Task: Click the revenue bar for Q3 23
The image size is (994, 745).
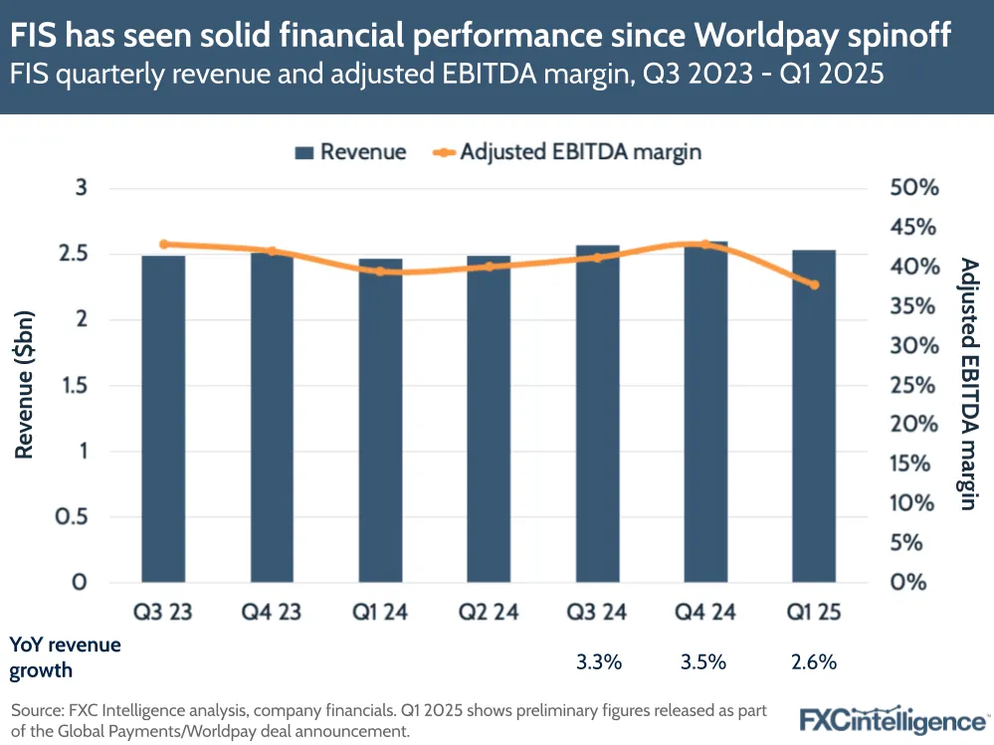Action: point(163,418)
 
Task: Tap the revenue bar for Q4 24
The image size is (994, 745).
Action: point(705,412)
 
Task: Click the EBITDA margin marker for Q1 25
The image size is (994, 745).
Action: point(814,285)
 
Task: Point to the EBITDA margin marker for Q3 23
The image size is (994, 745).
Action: point(163,244)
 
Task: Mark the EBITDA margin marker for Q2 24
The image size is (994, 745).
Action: point(489,267)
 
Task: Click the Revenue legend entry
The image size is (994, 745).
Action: point(351,152)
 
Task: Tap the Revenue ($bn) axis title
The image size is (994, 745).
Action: point(25,386)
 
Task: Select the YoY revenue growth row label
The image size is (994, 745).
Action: point(65,656)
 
